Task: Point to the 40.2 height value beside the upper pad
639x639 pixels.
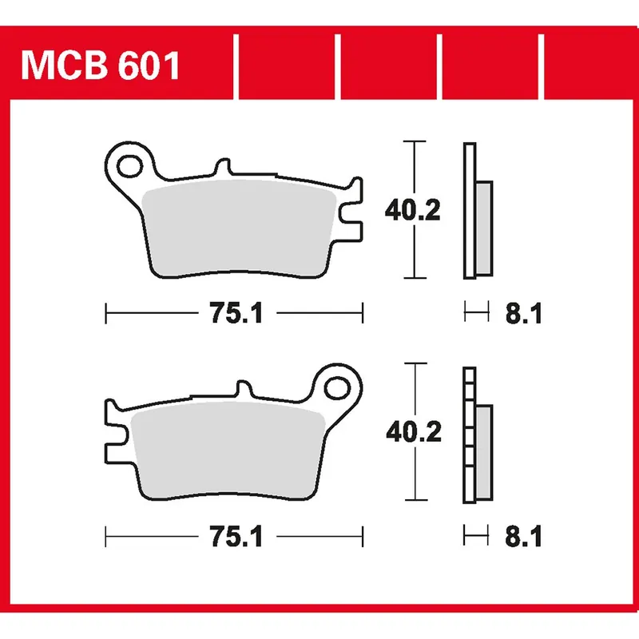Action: click(412, 211)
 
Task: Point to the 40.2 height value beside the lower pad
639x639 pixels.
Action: click(412, 434)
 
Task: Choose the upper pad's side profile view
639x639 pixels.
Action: click(476, 211)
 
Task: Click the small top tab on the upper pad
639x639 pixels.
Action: click(223, 169)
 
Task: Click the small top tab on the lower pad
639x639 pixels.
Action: click(246, 391)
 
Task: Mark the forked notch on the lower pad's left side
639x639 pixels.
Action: click(116, 436)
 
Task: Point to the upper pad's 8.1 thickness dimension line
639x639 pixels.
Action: click(476, 314)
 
